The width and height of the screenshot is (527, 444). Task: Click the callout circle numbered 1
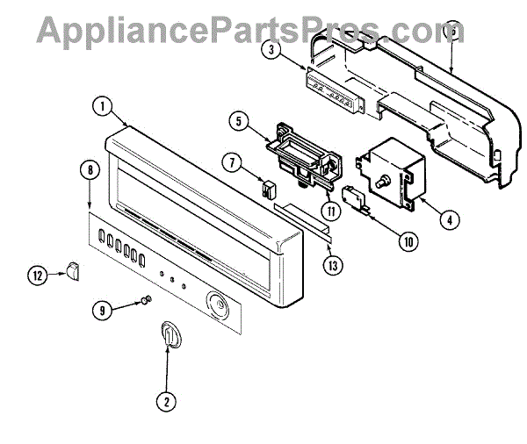[104, 107]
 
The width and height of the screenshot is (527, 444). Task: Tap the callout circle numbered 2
[164, 403]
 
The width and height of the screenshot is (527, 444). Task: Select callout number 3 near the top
[275, 49]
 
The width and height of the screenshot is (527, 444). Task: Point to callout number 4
[448, 219]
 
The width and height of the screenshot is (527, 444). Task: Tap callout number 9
[104, 309]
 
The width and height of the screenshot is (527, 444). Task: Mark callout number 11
[330, 210]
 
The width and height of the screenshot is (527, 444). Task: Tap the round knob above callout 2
[170, 336]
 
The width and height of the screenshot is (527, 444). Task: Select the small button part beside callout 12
[73, 271]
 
